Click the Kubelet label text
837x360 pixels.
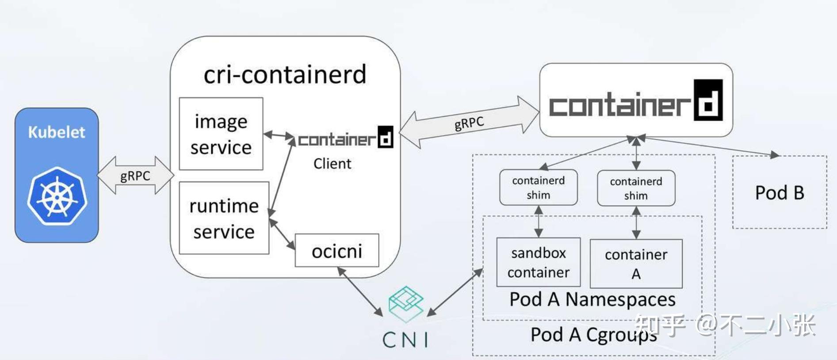pos(56,132)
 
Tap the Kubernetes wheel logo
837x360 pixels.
pos(57,196)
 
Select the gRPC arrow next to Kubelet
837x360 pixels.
pos(135,176)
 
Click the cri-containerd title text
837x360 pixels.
pos(285,74)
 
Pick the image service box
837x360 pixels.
pos(221,134)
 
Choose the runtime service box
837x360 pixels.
pos(224,218)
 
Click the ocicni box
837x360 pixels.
pos(336,251)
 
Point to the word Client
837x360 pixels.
pos(332,164)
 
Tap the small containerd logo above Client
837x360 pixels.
pos(345,138)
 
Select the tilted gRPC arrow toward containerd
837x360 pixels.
pos(469,122)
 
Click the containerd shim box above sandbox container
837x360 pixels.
pos(538,188)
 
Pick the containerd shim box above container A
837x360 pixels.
pos(636,188)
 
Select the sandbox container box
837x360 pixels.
pos(538,262)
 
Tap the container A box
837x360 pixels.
pos(636,264)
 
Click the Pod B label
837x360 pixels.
pos(779,193)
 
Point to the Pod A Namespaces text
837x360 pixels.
pos(592,299)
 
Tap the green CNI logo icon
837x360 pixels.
pos(405,303)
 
